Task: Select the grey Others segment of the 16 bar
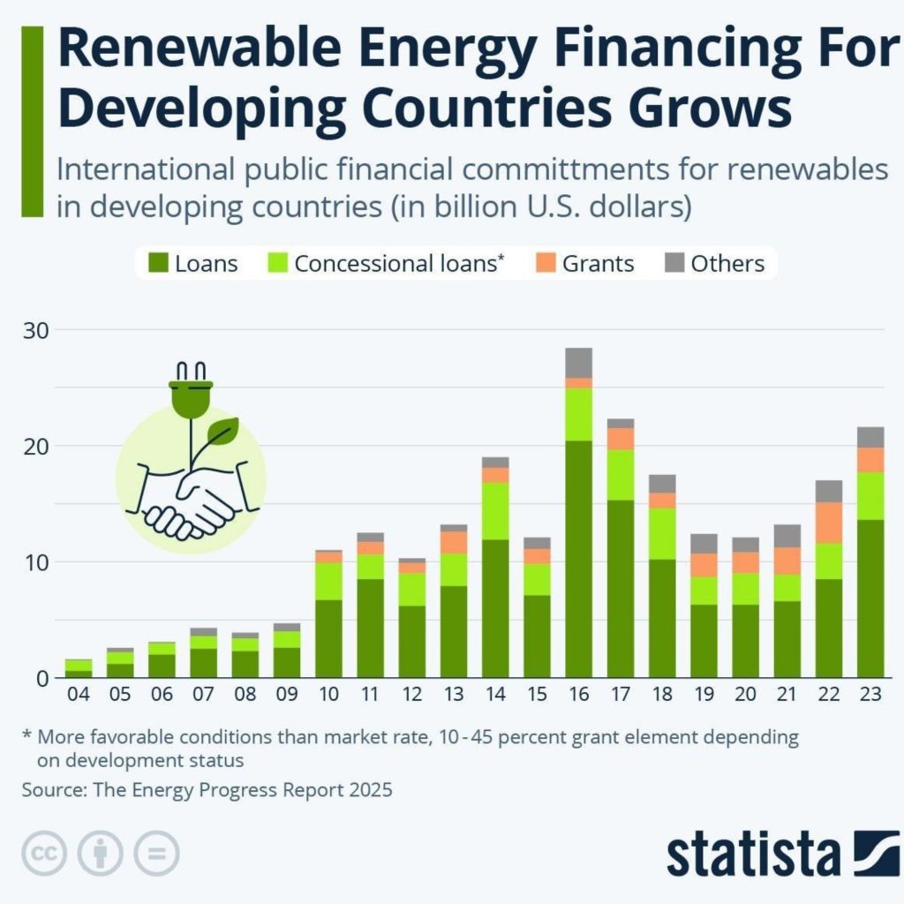(x=579, y=362)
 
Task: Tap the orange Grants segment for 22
(x=829, y=523)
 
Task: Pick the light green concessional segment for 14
(x=495, y=511)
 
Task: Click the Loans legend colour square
(x=159, y=263)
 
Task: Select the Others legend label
(x=727, y=263)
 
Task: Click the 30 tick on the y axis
(x=38, y=329)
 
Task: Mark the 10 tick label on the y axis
(x=38, y=561)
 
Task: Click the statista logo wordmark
(x=753, y=854)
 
